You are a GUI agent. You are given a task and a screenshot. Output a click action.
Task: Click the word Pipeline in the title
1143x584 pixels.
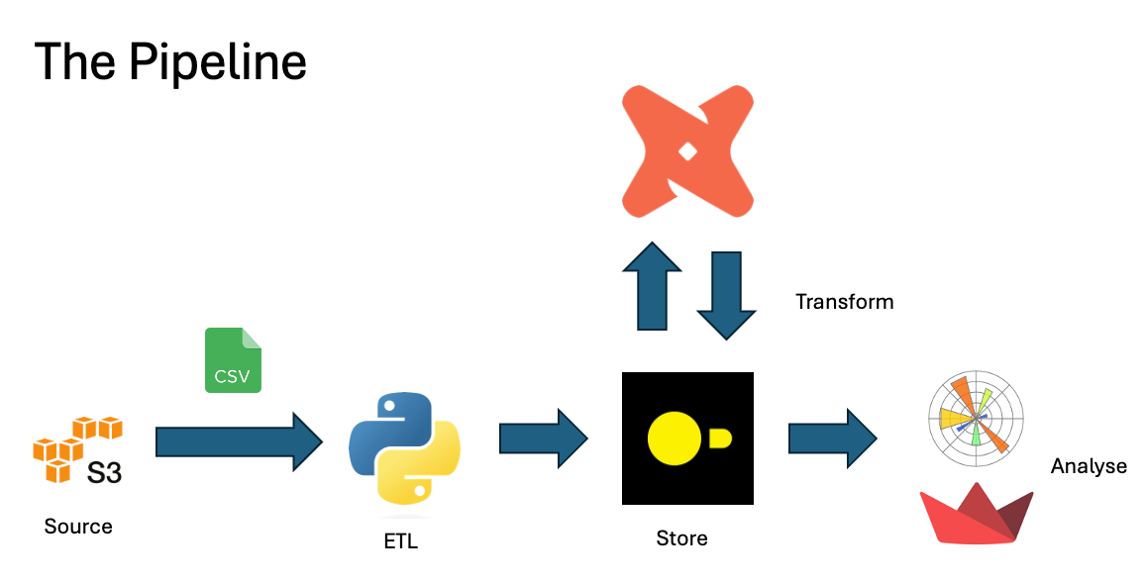[x=218, y=61]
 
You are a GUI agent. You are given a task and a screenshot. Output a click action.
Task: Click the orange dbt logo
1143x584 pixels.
[x=688, y=151]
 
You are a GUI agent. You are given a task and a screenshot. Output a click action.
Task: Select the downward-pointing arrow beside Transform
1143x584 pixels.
[x=726, y=296]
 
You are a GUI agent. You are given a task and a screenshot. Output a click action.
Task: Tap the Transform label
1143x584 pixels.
[x=844, y=302]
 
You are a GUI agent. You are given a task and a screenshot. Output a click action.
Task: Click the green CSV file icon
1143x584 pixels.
[x=234, y=360]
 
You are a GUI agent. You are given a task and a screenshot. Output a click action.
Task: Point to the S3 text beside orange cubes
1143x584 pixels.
[x=104, y=472]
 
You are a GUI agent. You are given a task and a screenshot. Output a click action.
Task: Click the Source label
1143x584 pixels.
[x=78, y=527]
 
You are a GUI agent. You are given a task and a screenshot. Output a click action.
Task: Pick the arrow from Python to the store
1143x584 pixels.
[x=543, y=438]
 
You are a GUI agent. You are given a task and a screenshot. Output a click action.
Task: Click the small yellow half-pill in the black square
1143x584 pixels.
[x=719, y=438]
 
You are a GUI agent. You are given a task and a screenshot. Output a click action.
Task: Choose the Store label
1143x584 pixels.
[x=681, y=538]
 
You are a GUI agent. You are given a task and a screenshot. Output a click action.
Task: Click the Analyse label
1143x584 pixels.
[x=1089, y=466]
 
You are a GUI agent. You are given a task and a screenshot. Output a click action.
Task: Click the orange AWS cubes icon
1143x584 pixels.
[x=69, y=447]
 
